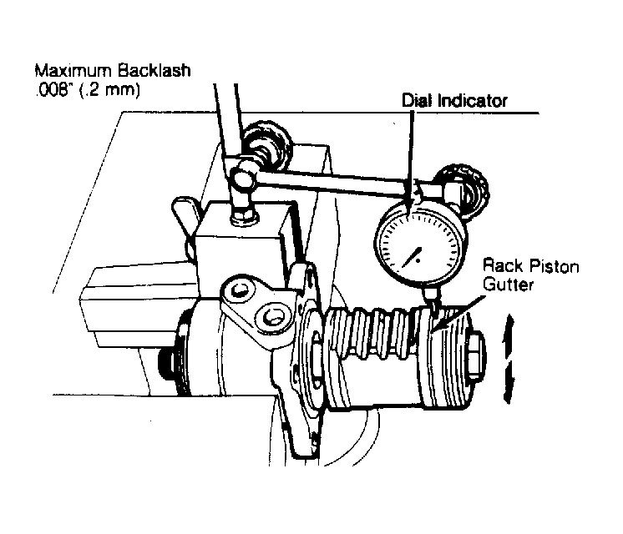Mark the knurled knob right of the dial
[x=464, y=186]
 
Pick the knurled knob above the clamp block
[x=269, y=144]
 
